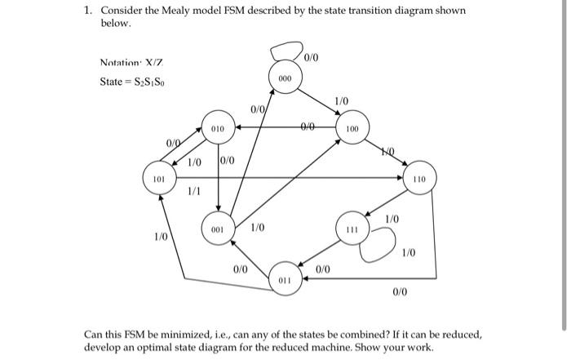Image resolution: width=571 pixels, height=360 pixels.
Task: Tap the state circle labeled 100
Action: (352, 129)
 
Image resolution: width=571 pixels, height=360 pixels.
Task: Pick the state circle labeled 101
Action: (159, 177)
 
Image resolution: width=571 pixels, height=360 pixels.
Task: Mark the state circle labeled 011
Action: (284, 278)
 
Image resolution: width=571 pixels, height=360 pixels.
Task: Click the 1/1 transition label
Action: (194, 192)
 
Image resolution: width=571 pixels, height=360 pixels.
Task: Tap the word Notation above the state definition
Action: (118, 63)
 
